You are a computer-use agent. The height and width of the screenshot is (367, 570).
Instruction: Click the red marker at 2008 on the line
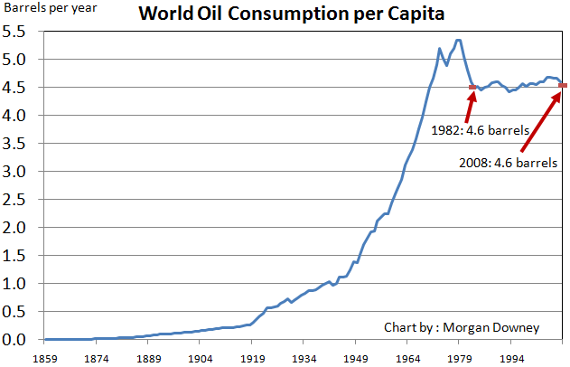(x=563, y=86)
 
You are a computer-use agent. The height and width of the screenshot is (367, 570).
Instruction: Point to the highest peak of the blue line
(x=459, y=40)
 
